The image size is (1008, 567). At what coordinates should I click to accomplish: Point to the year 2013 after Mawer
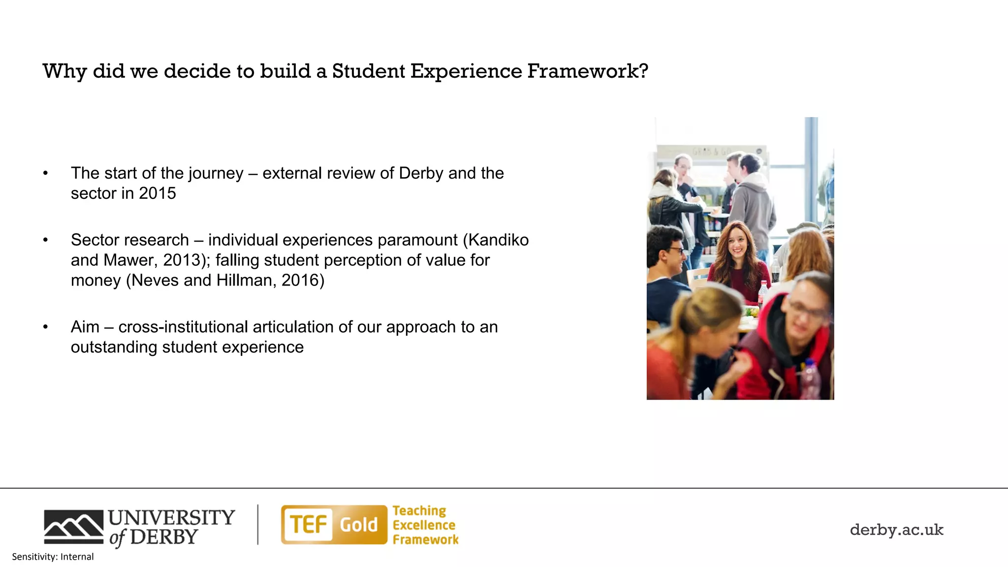pyautogui.click(x=182, y=260)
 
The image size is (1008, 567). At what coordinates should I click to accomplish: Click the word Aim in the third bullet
pyautogui.click(x=85, y=327)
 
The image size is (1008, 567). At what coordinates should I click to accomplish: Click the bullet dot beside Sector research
pyautogui.click(x=45, y=240)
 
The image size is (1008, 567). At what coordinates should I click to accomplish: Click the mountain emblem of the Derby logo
pyautogui.click(x=73, y=527)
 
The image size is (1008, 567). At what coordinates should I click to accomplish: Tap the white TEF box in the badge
pyautogui.click(x=308, y=525)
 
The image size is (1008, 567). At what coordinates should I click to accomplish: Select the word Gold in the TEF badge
pyautogui.click(x=359, y=525)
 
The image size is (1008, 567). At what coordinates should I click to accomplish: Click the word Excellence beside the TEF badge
pyautogui.click(x=424, y=525)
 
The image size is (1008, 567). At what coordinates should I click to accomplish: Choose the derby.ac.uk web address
pyautogui.click(x=896, y=530)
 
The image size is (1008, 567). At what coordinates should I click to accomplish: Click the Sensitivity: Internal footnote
pyautogui.click(x=53, y=557)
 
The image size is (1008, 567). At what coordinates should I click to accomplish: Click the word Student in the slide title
pyautogui.click(x=369, y=71)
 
